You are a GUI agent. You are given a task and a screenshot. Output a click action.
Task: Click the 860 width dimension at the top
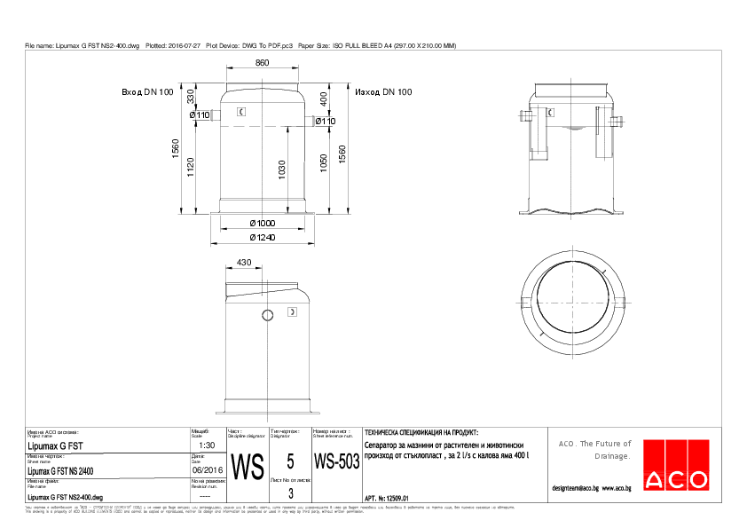click(263, 64)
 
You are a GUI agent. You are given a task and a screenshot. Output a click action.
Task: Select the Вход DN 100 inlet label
click(147, 92)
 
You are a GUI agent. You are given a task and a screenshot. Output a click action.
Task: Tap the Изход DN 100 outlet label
click(383, 92)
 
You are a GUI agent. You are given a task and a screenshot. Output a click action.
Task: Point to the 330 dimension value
click(189, 96)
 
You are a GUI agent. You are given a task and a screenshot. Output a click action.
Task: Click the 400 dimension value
click(324, 99)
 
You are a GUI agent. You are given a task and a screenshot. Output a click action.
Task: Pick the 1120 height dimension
click(190, 165)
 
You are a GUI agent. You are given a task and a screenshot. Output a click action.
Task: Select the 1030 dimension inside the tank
click(281, 170)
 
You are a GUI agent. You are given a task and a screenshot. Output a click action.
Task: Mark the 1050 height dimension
click(324, 165)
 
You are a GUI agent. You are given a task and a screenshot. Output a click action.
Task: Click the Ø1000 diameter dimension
click(263, 223)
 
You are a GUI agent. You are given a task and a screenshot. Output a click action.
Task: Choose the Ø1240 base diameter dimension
click(263, 238)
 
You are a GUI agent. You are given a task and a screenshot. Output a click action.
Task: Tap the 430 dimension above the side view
click(245, 264)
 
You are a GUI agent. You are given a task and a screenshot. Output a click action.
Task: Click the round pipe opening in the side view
click(269, 315)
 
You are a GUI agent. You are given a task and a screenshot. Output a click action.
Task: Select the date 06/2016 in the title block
click(207, 470)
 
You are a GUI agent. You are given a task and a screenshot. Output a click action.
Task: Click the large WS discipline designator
click(248, 466)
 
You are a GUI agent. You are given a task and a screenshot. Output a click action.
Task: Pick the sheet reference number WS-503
click(336, 462)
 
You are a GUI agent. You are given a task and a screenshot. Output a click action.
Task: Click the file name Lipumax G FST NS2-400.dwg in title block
click(66, 499)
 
